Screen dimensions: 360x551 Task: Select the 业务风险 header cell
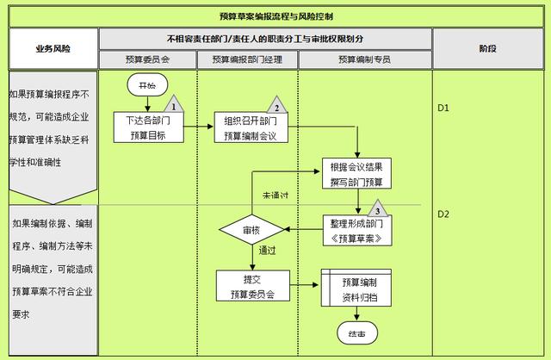pos(53,49)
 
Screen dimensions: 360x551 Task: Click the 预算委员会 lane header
pos(148,59)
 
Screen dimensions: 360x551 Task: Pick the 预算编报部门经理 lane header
pos(248,59)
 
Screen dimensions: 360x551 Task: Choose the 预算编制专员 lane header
pos(365,59)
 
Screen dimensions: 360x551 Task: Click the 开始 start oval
pos(146,86)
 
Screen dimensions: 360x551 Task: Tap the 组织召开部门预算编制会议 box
pos(251,127)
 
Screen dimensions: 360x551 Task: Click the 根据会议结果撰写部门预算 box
pos(356,174)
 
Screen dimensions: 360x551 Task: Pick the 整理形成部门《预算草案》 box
pos(356,230)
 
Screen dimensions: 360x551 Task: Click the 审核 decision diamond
pos(251,230)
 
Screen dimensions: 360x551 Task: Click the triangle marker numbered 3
pos(376,209)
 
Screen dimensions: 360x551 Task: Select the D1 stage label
pos(444,109)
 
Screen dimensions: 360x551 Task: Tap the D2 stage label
pos(444,214)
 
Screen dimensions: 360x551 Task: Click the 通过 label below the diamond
pos(267,251)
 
